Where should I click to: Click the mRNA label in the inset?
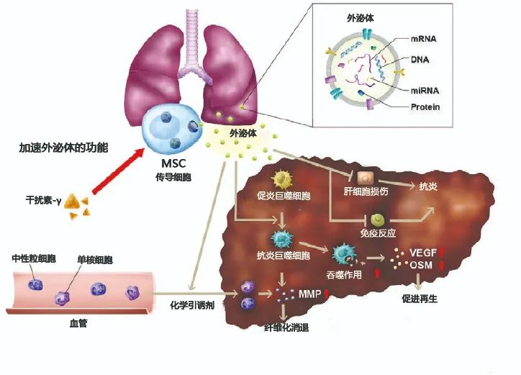(424, 39)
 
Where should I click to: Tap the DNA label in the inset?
(420, 60)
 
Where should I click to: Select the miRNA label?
(425, 91)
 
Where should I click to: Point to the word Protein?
(425, 107)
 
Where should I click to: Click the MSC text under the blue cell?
(173, 163)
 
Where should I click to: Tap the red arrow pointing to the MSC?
(117, 171)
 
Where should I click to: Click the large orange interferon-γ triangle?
(71, 202)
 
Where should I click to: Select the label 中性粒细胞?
(34, 258)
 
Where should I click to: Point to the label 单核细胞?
(95, 260)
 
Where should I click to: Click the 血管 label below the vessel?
(78, 323)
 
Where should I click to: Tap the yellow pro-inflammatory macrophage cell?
(282, 179)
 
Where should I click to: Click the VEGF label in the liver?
(423, 253)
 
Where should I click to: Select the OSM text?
(421, 266)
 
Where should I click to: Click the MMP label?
(309, 294)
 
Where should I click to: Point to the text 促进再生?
(420, 299)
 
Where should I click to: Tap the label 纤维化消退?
(286, 327)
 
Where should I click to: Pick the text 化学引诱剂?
(192, 305)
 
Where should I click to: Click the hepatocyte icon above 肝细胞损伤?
(366, 179)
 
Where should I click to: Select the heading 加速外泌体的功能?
(63, 148)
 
